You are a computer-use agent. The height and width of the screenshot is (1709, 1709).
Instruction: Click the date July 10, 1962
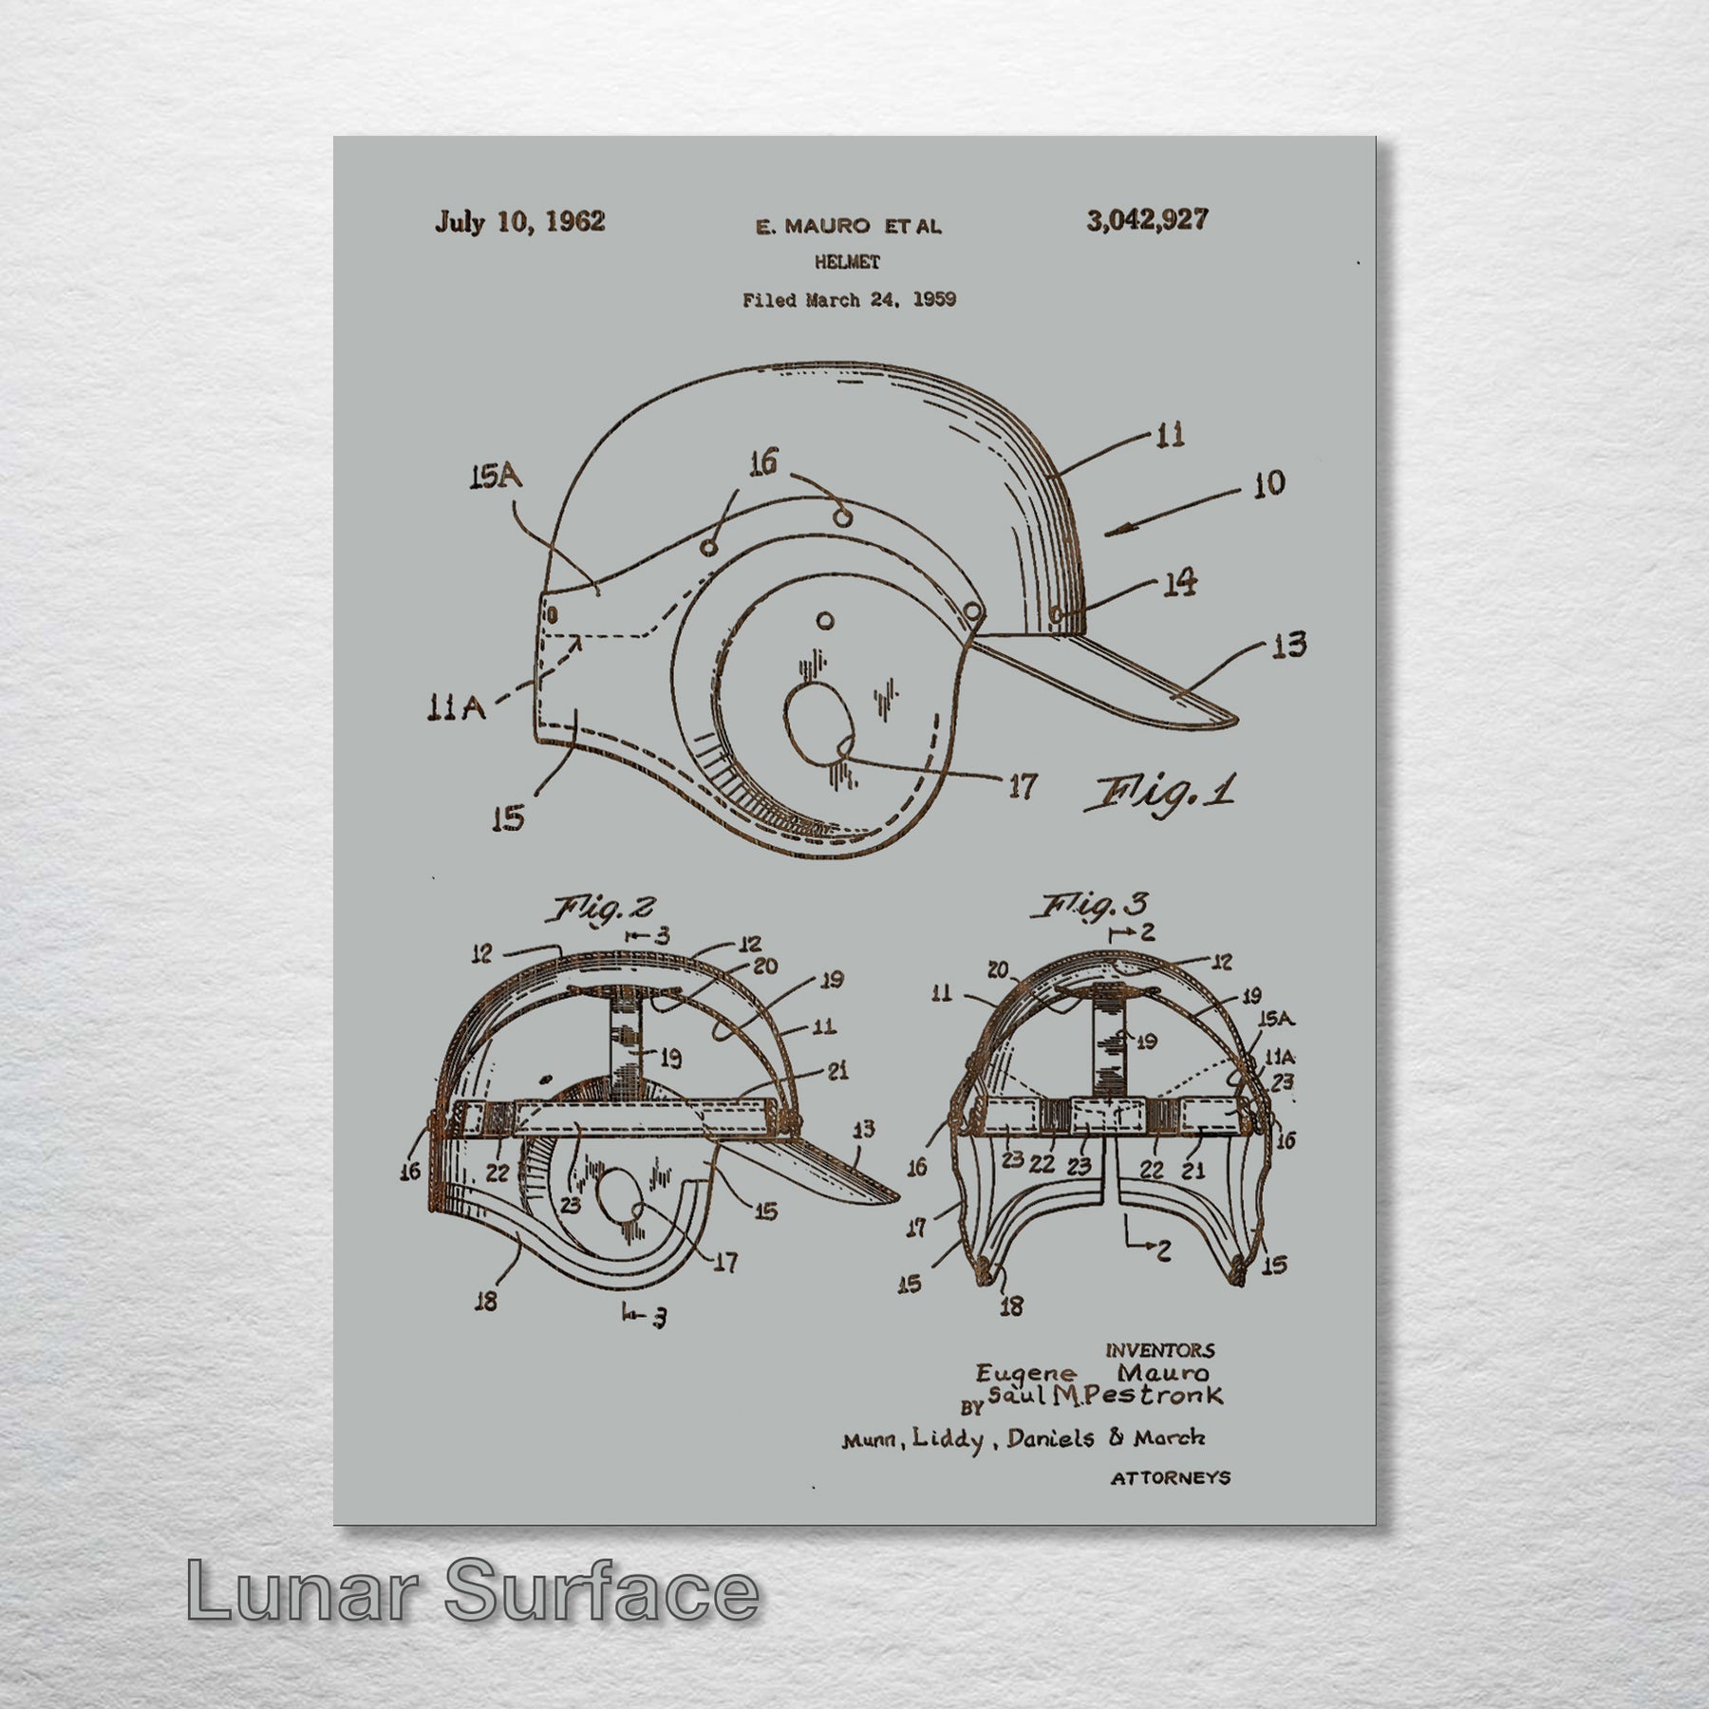coord(519,222)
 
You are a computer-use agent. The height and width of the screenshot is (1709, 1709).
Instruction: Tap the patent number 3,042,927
coord(1147,220)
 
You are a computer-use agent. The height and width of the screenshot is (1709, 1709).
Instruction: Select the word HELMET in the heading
coord(847,262)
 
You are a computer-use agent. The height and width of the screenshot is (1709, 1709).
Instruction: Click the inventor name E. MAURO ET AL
coord(848,226)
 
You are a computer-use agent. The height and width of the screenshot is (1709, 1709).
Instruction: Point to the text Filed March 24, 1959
coord(849,300)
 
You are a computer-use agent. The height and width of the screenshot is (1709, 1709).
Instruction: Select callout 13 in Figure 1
coord(1287,646)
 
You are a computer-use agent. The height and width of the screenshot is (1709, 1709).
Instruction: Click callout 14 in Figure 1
coord(1179,582)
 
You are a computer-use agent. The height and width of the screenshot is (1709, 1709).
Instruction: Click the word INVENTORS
coord(1159,1350)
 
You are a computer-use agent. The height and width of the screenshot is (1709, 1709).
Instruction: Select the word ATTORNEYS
coord(1170,1477)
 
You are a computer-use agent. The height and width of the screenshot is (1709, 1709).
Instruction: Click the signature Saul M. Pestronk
coord(1105,1396)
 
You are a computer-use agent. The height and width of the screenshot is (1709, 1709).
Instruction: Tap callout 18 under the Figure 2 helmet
coord(486,1301)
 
